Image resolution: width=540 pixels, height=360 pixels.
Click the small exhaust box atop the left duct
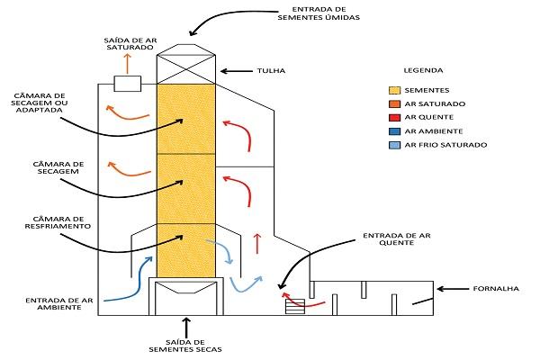tap(127, 84)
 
